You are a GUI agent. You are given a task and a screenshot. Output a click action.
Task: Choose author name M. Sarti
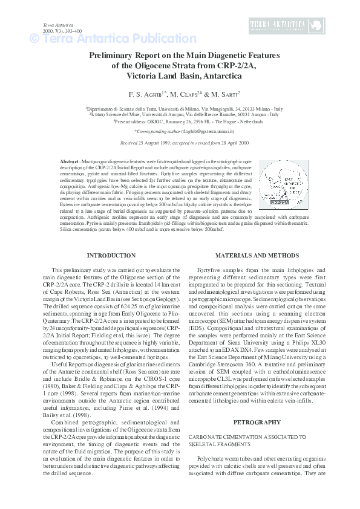click(226, 94)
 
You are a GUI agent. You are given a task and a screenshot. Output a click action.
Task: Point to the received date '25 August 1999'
click(158, 144)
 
